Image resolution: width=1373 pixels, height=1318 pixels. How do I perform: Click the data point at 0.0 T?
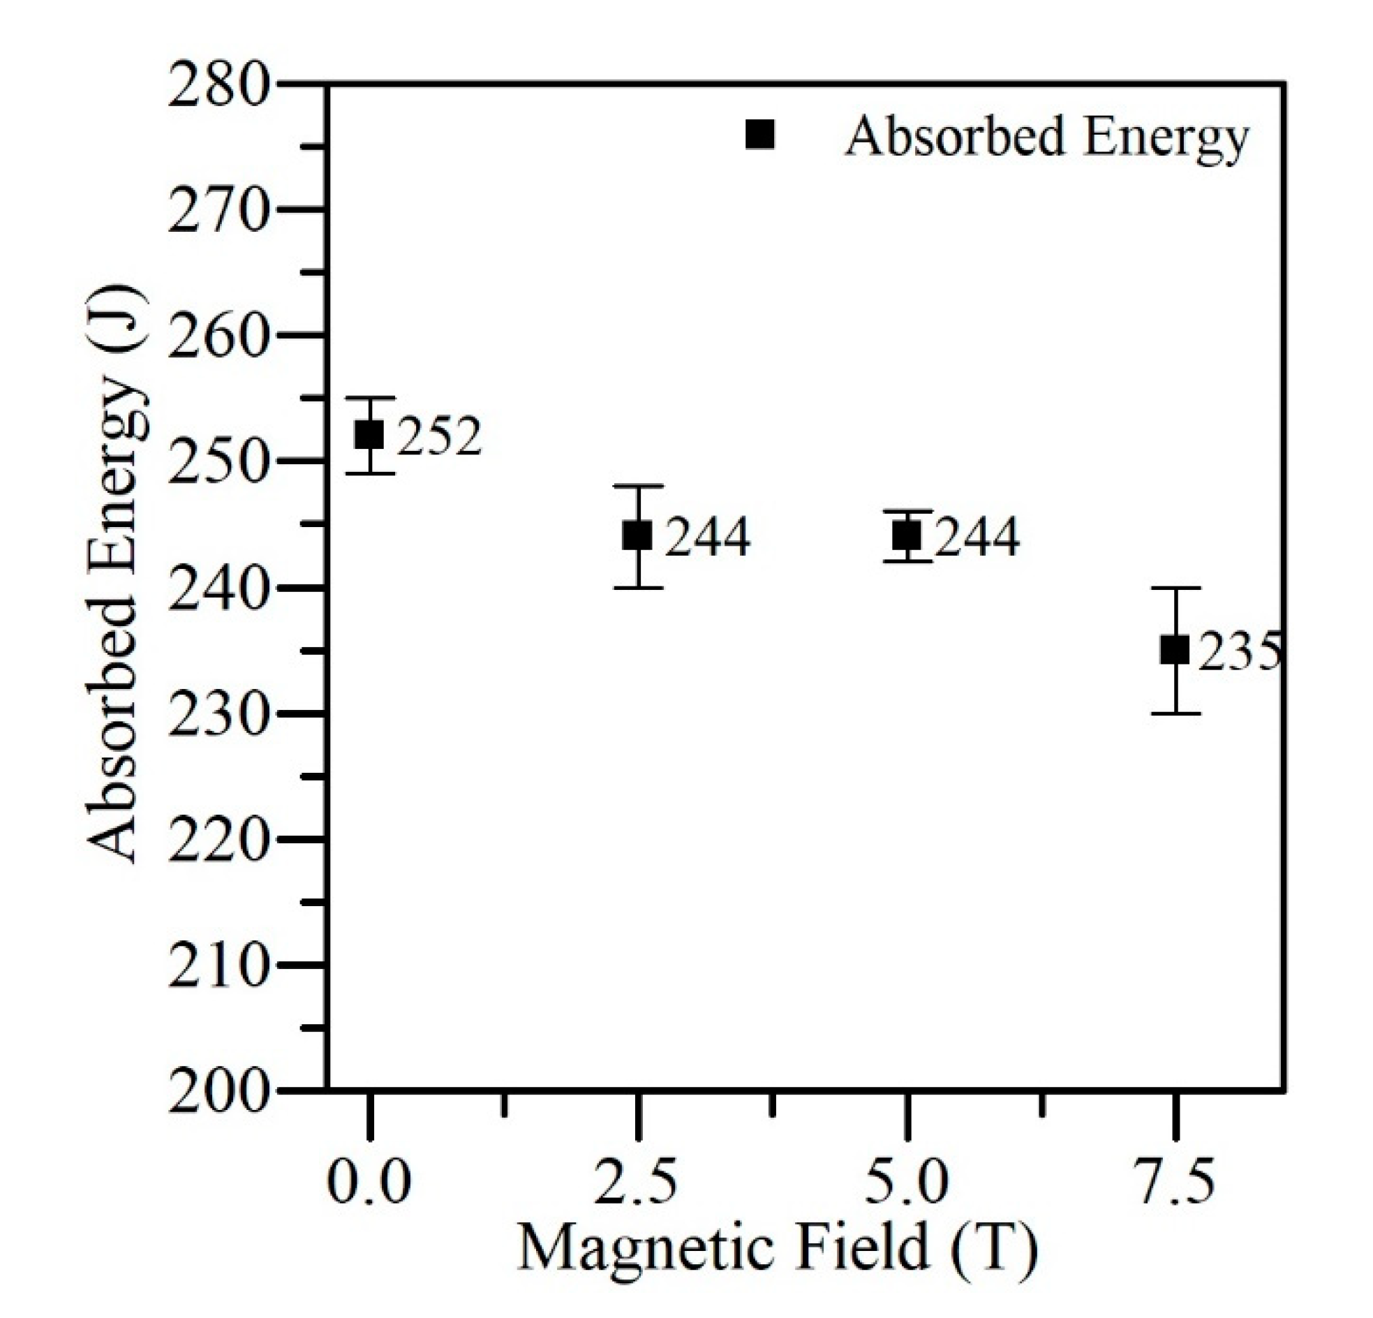tap(369, 435)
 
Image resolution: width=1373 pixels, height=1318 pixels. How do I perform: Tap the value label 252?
tap(440, 436)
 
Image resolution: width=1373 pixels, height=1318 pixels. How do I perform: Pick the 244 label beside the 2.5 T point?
tap(707, 538)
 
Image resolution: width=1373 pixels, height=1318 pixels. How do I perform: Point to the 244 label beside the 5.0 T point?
tap(977, 538)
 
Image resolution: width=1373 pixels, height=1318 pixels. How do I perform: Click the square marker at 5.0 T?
tap(907, 536)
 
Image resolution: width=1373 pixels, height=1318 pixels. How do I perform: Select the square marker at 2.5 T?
tap(637, 536)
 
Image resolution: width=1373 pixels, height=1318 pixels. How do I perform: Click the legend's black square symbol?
tap(760, 134)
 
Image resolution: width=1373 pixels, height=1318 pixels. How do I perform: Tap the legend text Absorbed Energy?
tap(1046, 137)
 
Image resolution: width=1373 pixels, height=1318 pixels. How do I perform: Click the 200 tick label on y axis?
tap(218, 1094)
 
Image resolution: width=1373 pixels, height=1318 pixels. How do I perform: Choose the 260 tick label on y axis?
tap(218, 338)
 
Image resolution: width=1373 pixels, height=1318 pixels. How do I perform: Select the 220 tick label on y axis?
tap(218, 841)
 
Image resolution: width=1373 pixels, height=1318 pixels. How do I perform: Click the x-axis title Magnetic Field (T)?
tap(776, 1248)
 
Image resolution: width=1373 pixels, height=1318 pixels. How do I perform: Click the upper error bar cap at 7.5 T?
tap(1175, 588)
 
